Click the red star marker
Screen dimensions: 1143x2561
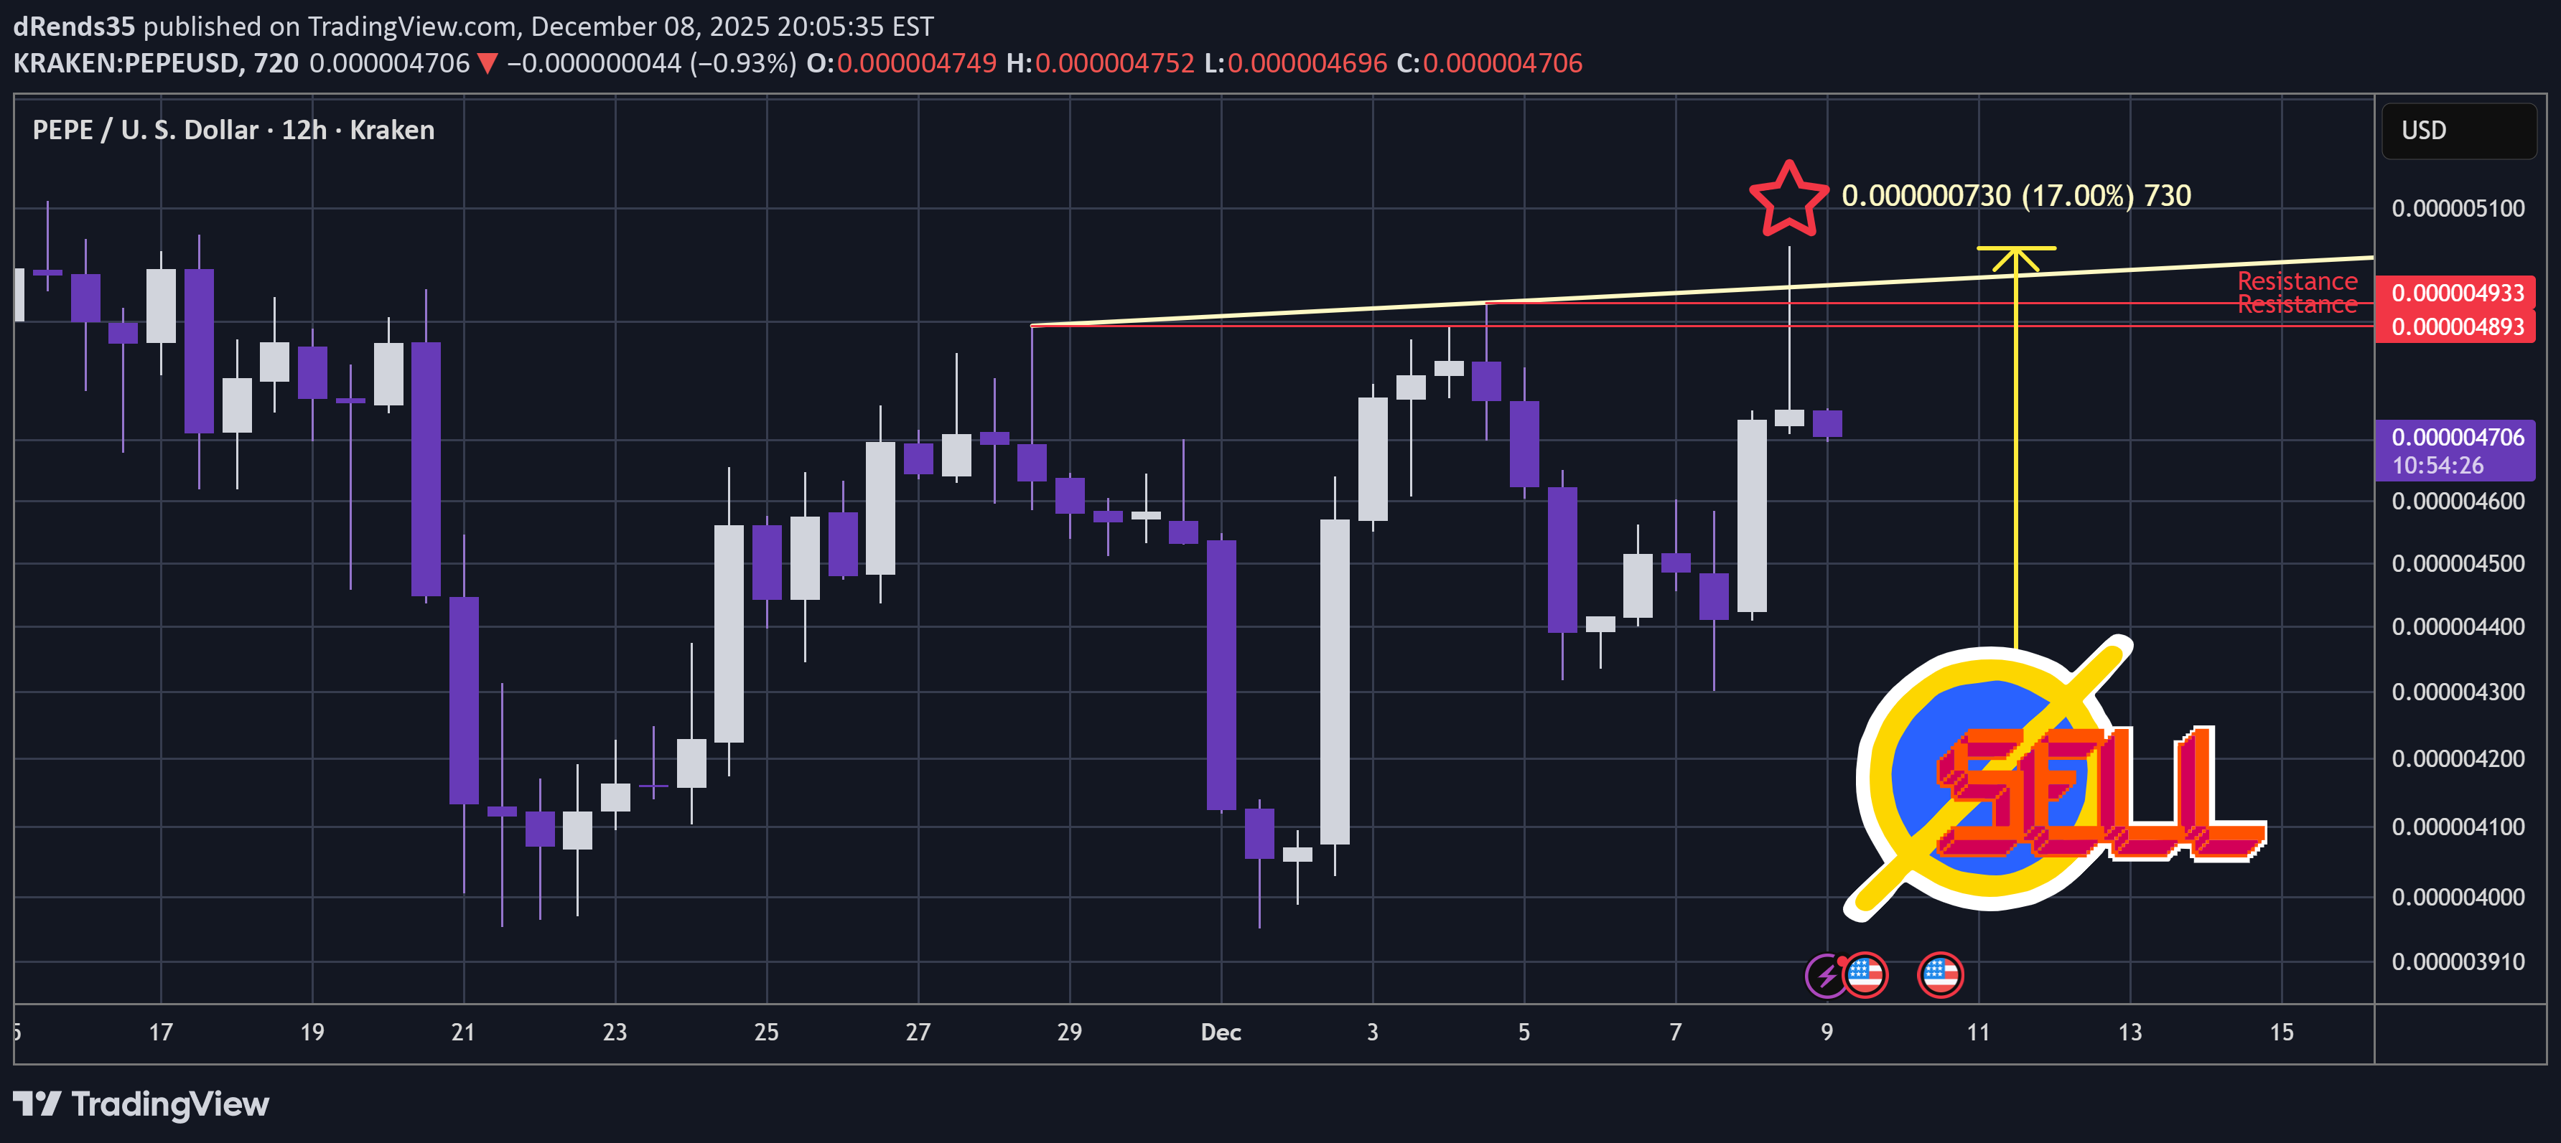coord(1788,199)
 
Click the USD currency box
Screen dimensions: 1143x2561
coord(2457,130)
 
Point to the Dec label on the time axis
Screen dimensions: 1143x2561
coord(1221,1032)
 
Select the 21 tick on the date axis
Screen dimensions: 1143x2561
coord(463,1032)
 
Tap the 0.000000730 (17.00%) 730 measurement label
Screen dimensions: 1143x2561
coord(2015,196)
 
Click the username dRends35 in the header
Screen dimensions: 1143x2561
coord(73,26)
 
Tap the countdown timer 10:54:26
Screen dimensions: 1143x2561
coord(2437,465)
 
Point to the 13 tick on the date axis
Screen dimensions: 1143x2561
coord(2129,1032)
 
